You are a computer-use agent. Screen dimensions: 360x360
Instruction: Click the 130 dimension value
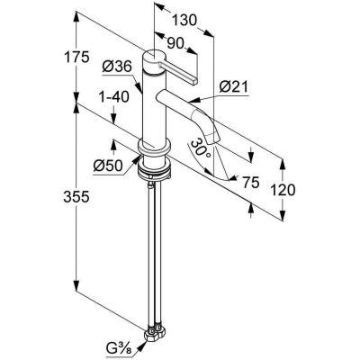[x=184, y=21]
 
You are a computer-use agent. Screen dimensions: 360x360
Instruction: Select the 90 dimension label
[x=175, y=44]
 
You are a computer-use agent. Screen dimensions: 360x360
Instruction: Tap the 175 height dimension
[x=76, y=57]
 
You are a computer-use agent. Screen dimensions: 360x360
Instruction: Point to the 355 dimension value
[x=76, y=197]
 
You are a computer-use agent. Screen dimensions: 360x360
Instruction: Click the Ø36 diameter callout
[x=117, y=67]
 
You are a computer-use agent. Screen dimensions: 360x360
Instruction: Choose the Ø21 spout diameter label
[x=234, y=87]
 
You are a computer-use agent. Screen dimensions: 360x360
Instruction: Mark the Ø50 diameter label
[x=108, y=166]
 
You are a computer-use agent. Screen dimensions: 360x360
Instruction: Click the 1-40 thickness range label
[x=114, y=97]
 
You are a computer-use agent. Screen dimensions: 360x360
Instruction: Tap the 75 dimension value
[x=251, y=182]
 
